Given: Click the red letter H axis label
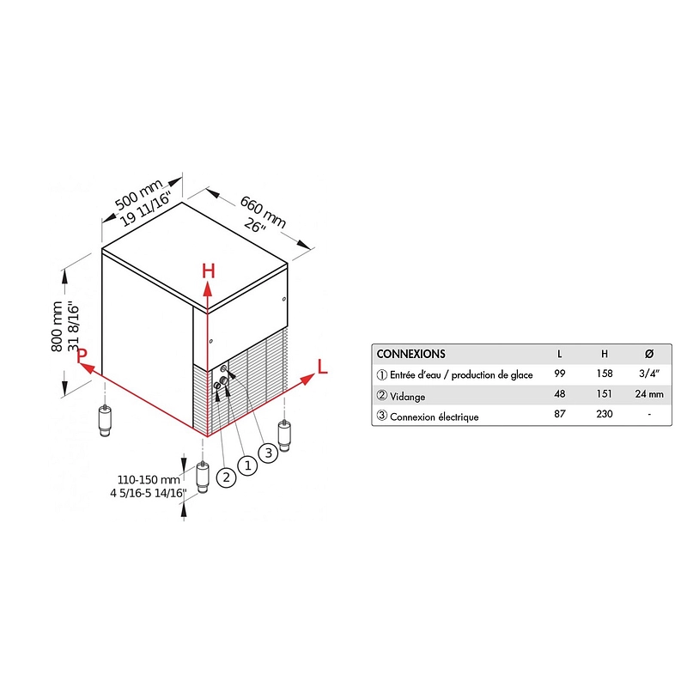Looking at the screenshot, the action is (x=209, y=271).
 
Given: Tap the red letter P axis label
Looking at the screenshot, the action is (x=82, y=356).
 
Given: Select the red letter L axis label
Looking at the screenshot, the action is (x=323, y=367).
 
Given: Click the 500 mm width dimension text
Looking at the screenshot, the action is (x=138, y=194).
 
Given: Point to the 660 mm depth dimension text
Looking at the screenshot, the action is (x=263, y=212).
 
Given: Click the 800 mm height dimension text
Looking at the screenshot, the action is (x=57, y=326).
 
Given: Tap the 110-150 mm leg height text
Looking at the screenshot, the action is (x=149, y=480).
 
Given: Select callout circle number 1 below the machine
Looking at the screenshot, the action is (x=247, y=465).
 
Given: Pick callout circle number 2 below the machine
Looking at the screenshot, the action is (x=226, y=477).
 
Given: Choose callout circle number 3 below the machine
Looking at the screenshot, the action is (x=269, y=453).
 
